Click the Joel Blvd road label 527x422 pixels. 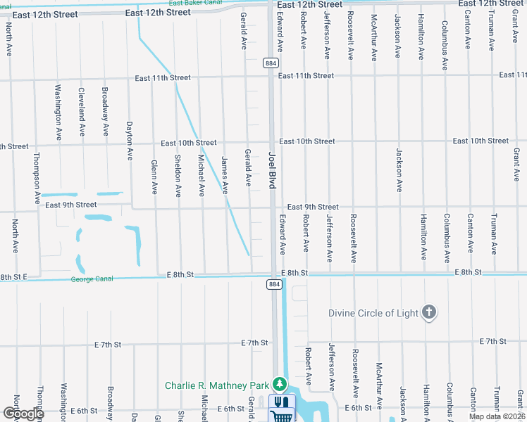(x=272, y=170)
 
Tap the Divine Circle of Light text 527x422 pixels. (x=373, y=312)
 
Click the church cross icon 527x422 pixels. (x=428, y=313)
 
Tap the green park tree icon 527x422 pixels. (x=281, y=384)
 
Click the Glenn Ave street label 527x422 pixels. (x=154, y=177)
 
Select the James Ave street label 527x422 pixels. (x=225, y=174)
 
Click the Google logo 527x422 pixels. (x=23, y=414)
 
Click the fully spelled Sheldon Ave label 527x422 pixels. (x=178, y=175)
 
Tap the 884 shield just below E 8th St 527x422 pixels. (x=273, y=284)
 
